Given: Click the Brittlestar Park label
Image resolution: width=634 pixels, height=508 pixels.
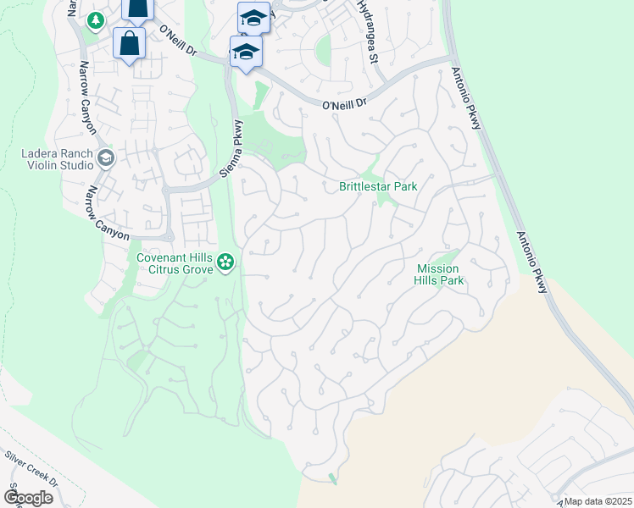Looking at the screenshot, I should point(378,186).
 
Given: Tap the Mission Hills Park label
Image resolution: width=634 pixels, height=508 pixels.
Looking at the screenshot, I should point(439,273).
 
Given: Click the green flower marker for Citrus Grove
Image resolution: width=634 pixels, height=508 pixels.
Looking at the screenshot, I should point(225,262).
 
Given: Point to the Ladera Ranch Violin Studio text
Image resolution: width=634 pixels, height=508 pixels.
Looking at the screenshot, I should point(56,159).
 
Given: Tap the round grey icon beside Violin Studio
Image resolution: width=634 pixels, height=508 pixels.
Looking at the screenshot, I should point(105,157).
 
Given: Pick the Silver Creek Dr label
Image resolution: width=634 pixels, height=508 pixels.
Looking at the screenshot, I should point(31,468).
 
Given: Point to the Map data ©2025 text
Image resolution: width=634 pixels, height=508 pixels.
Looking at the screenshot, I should point(598,501).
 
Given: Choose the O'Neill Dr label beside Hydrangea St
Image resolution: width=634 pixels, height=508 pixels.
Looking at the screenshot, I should point(344,103).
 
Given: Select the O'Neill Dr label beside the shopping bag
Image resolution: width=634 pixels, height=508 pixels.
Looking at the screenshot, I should point(178,41).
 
